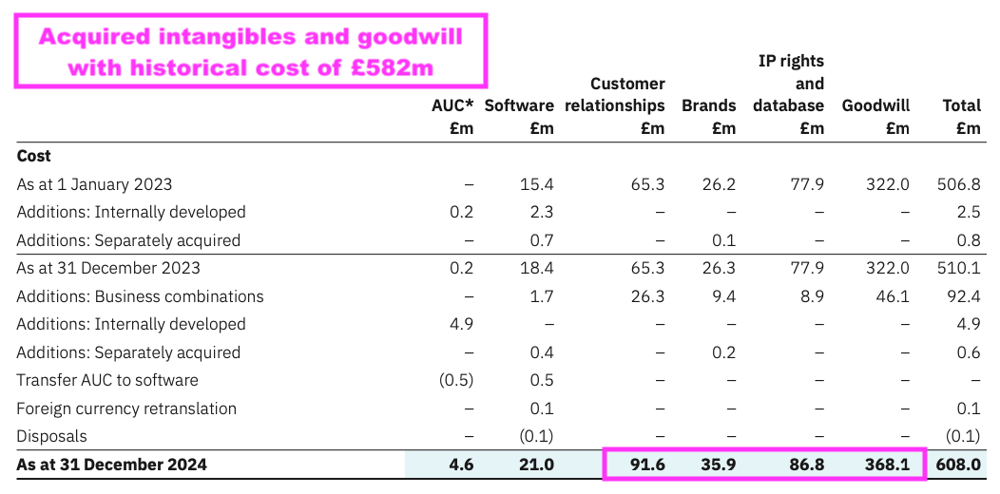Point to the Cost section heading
click(34, 156)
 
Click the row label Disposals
click(52, 437)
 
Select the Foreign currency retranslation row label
click(126, 408)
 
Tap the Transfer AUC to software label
click(107, 380)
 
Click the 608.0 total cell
click(959, 465)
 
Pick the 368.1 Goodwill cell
click(890, 465)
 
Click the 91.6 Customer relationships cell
click(645, 465)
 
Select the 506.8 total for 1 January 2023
click(959, 184)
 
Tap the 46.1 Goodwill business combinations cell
click(894, 296)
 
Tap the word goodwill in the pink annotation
click(396, 38)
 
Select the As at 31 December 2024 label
click(111, 465)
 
